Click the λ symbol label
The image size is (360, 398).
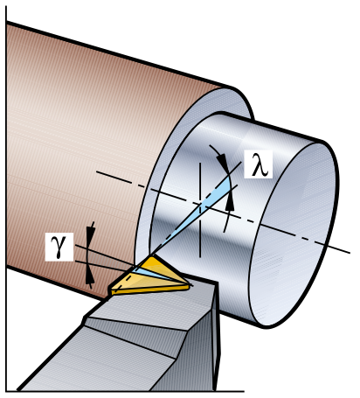258,164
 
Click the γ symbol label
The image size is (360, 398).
59,247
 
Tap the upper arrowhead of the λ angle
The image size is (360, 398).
224,163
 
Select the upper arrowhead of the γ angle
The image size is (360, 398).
91,234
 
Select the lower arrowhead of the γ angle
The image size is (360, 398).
90,277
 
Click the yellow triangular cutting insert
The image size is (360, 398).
150,276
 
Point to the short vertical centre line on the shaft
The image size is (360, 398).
200,210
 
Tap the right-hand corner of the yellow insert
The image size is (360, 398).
190,286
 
